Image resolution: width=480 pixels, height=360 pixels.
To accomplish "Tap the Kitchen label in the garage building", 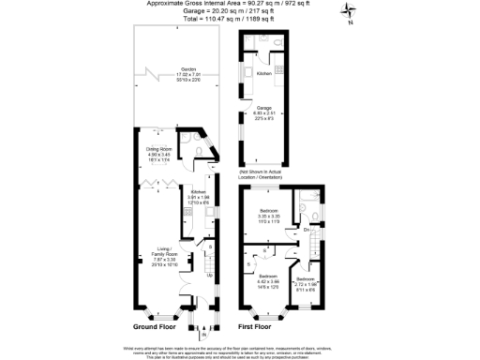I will [x=263, y=73].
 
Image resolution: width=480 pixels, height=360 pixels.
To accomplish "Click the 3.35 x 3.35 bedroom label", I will [x=269, y=214].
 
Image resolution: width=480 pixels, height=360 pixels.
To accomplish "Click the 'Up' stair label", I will [x=208, y=274].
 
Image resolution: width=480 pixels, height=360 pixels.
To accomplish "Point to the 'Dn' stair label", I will [x=306, y=230].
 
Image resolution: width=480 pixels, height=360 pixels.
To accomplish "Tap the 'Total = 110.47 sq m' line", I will [x=239, y=18].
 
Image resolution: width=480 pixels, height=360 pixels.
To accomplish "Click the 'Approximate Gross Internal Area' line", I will [x=239, y=4].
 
